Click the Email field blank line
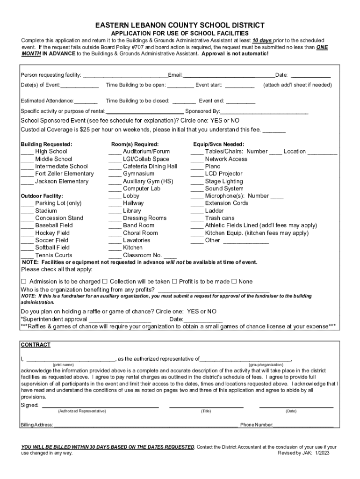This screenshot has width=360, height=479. coord(229,75)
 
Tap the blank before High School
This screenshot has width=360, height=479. coord(27,152)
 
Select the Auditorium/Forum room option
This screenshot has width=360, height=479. coord(146,152)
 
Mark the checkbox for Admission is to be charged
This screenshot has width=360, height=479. coord(24,282)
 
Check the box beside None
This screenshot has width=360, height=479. coord(235,282)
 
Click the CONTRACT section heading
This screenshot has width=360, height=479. coord(36,345)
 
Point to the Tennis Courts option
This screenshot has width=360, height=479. coord(53,255)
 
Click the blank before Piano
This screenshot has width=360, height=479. coord(197,167)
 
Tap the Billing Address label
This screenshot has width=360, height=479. coord(37,425)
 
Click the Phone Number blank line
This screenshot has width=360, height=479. coord(303,425)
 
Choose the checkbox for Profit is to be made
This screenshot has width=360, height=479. coord(174,282)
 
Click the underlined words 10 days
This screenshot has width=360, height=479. coord(262,41)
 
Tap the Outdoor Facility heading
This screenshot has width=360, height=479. coord(42,196)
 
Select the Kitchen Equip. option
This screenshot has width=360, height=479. coord(256,233)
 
